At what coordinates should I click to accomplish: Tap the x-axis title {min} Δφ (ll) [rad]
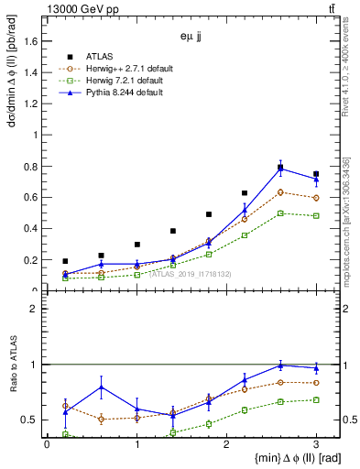click(x=265, y=458)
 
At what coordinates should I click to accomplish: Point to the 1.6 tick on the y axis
click(x=31, y=41)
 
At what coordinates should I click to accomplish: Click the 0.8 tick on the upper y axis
click(x=31, y=167)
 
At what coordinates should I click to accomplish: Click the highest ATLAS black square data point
click(x=280, y=167)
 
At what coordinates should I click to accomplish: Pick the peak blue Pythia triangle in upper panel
click(x=280, y=169)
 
